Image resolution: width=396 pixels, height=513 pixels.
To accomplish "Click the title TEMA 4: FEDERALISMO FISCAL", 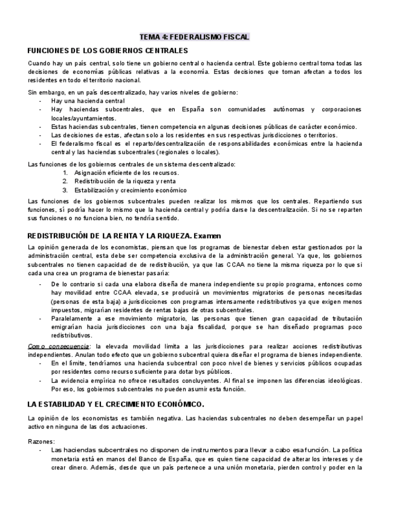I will click(x=194, y=37).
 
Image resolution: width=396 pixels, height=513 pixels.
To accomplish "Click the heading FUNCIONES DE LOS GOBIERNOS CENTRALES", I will click(x=108, y=50).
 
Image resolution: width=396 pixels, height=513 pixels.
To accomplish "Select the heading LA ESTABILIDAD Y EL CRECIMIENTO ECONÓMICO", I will click(x=116, y=403).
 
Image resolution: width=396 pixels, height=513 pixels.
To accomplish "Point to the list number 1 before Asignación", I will click(x=65, y=172).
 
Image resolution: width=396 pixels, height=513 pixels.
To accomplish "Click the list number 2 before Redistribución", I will click(x=65, y=181).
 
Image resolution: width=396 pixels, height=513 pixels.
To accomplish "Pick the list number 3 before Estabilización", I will click(x=65, y=189).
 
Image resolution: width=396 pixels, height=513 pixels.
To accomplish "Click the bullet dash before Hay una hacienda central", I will click(x=41, y=100).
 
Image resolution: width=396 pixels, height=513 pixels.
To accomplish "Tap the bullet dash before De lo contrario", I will click(x=41, y=283).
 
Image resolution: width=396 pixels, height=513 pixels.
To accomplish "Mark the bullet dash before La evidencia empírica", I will click(x=41, y=380).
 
